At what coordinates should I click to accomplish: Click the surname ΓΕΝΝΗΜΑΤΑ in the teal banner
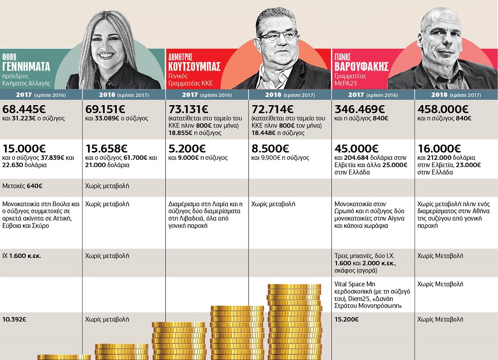(26, 67)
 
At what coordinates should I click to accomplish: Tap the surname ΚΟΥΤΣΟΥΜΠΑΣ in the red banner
(194, 67)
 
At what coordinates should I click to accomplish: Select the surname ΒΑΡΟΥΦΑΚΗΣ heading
(361, 67)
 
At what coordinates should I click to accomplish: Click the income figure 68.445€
(24, 109)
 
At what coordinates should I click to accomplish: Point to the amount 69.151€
(105, 109)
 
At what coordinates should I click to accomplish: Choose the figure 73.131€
(189, 109)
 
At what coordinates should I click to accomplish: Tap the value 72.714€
(272, 109)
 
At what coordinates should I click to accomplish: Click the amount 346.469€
(360, 109)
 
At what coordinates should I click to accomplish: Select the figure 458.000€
(443, 109)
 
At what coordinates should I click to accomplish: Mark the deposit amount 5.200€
(187, 149)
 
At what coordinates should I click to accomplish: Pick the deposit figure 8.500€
(270, 149)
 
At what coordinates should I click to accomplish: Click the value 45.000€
(356, 149)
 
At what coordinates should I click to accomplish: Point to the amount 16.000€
(439, 149)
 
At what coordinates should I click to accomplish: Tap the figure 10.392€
(14, 319)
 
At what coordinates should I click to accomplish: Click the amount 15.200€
(347, 319)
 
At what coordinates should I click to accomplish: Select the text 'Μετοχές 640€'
(22, 186)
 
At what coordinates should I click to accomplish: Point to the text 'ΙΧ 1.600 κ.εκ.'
(21, 256)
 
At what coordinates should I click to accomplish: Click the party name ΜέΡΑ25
(346, 83)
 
